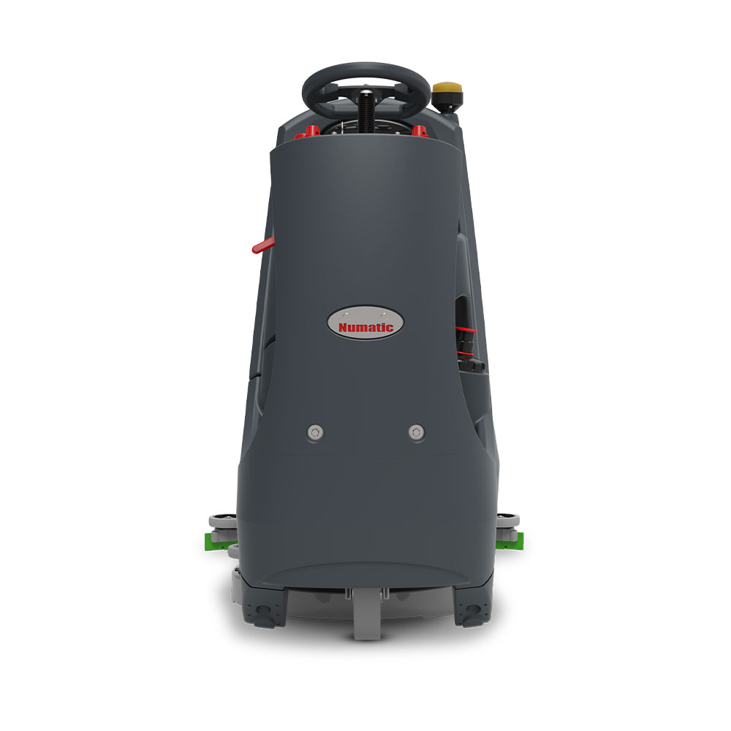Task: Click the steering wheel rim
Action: point(366,69)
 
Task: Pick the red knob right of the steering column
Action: point(420,132)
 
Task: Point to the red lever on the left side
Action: point(264,245)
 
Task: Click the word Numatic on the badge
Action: point(365,327)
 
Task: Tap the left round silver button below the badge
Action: point(314,432)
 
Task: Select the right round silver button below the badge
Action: point(416,432)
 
